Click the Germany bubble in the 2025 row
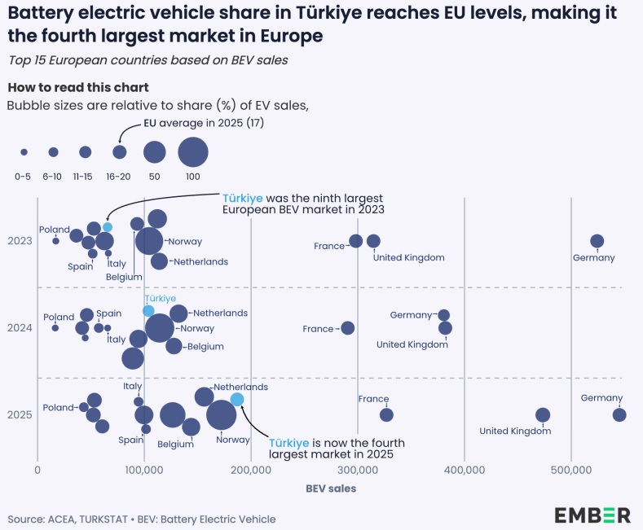pos(619,414)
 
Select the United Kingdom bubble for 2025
pos(543,414)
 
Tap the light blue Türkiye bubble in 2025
pos(237,399)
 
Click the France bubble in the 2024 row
pos(348,328)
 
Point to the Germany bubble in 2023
pos(597,241)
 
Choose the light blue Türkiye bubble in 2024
pos(148,311)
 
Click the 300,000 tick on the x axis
pos(357,470)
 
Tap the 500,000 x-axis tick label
pos(570,470)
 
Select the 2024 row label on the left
pos(19,328)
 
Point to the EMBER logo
pos(592,515)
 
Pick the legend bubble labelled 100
pos(193,152)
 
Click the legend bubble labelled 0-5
pos(24,152)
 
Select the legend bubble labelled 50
pos(154,152)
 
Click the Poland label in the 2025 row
pos(58,407)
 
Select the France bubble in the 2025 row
pos(386,414)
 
